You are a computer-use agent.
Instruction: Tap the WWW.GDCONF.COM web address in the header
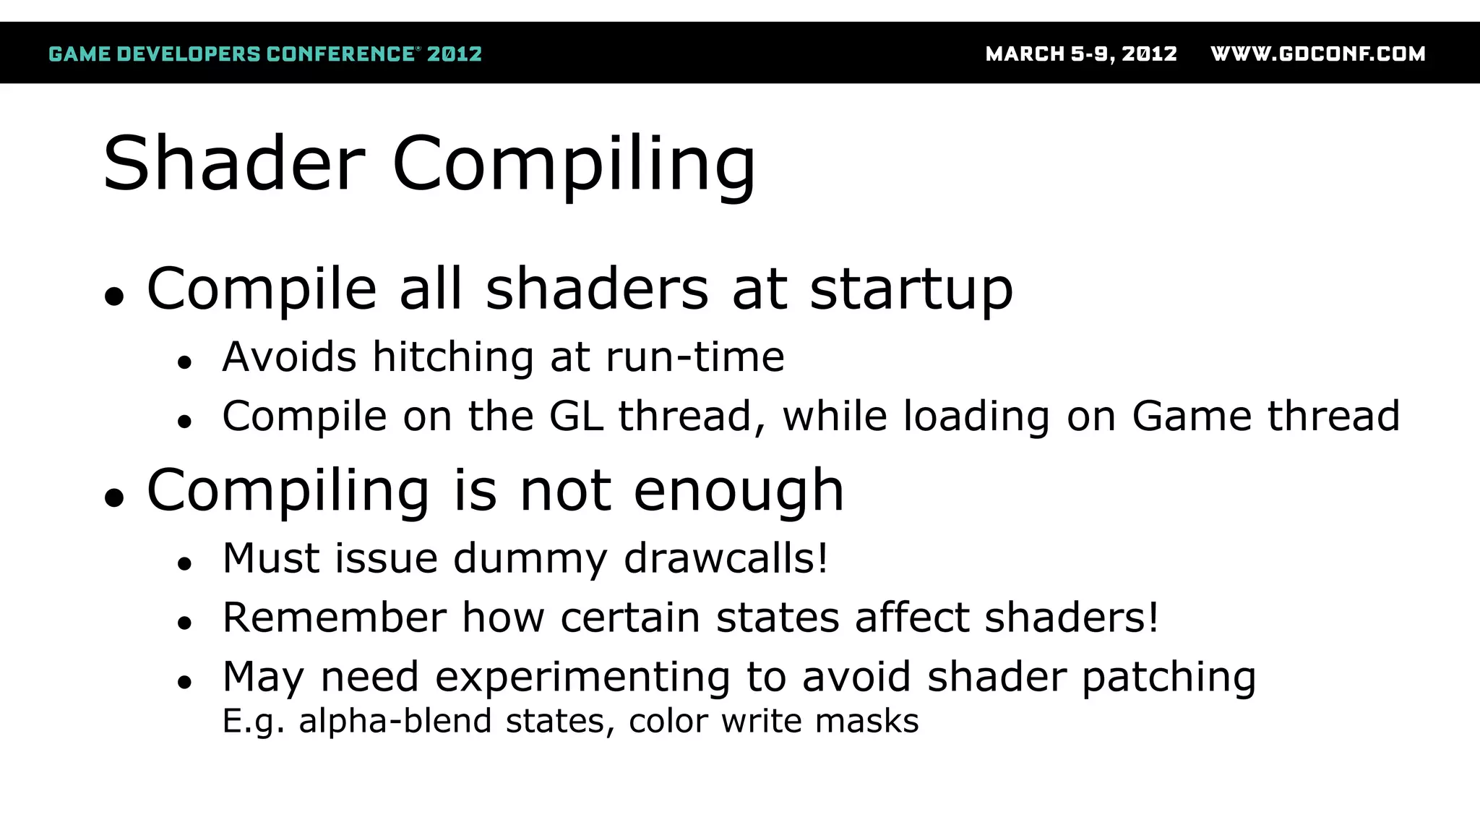coord(1317,54)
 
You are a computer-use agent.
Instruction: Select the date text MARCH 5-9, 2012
coord(1081,54)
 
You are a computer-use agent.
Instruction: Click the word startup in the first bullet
coord(911,289)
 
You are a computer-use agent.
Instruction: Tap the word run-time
coord(694,357)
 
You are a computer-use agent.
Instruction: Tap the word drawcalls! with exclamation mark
coord(726,558)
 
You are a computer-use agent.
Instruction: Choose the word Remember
coord(335,618)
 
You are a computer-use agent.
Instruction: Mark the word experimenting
coord(582,678)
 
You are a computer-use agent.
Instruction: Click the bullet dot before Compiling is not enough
coord(114,497)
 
